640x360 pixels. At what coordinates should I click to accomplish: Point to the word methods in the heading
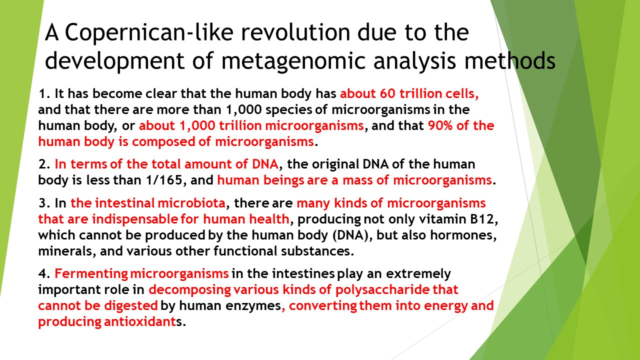tap(509, 60)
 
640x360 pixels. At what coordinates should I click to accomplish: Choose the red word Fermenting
tap(91, 273)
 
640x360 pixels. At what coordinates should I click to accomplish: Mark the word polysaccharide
tap(382, 289)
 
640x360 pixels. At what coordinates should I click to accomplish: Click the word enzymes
tap(253, 306)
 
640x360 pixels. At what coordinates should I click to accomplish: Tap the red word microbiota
tap(191, 203)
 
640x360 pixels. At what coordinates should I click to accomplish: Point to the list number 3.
tap(42, 203)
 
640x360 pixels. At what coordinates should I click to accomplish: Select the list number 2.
tap(42, 164)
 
